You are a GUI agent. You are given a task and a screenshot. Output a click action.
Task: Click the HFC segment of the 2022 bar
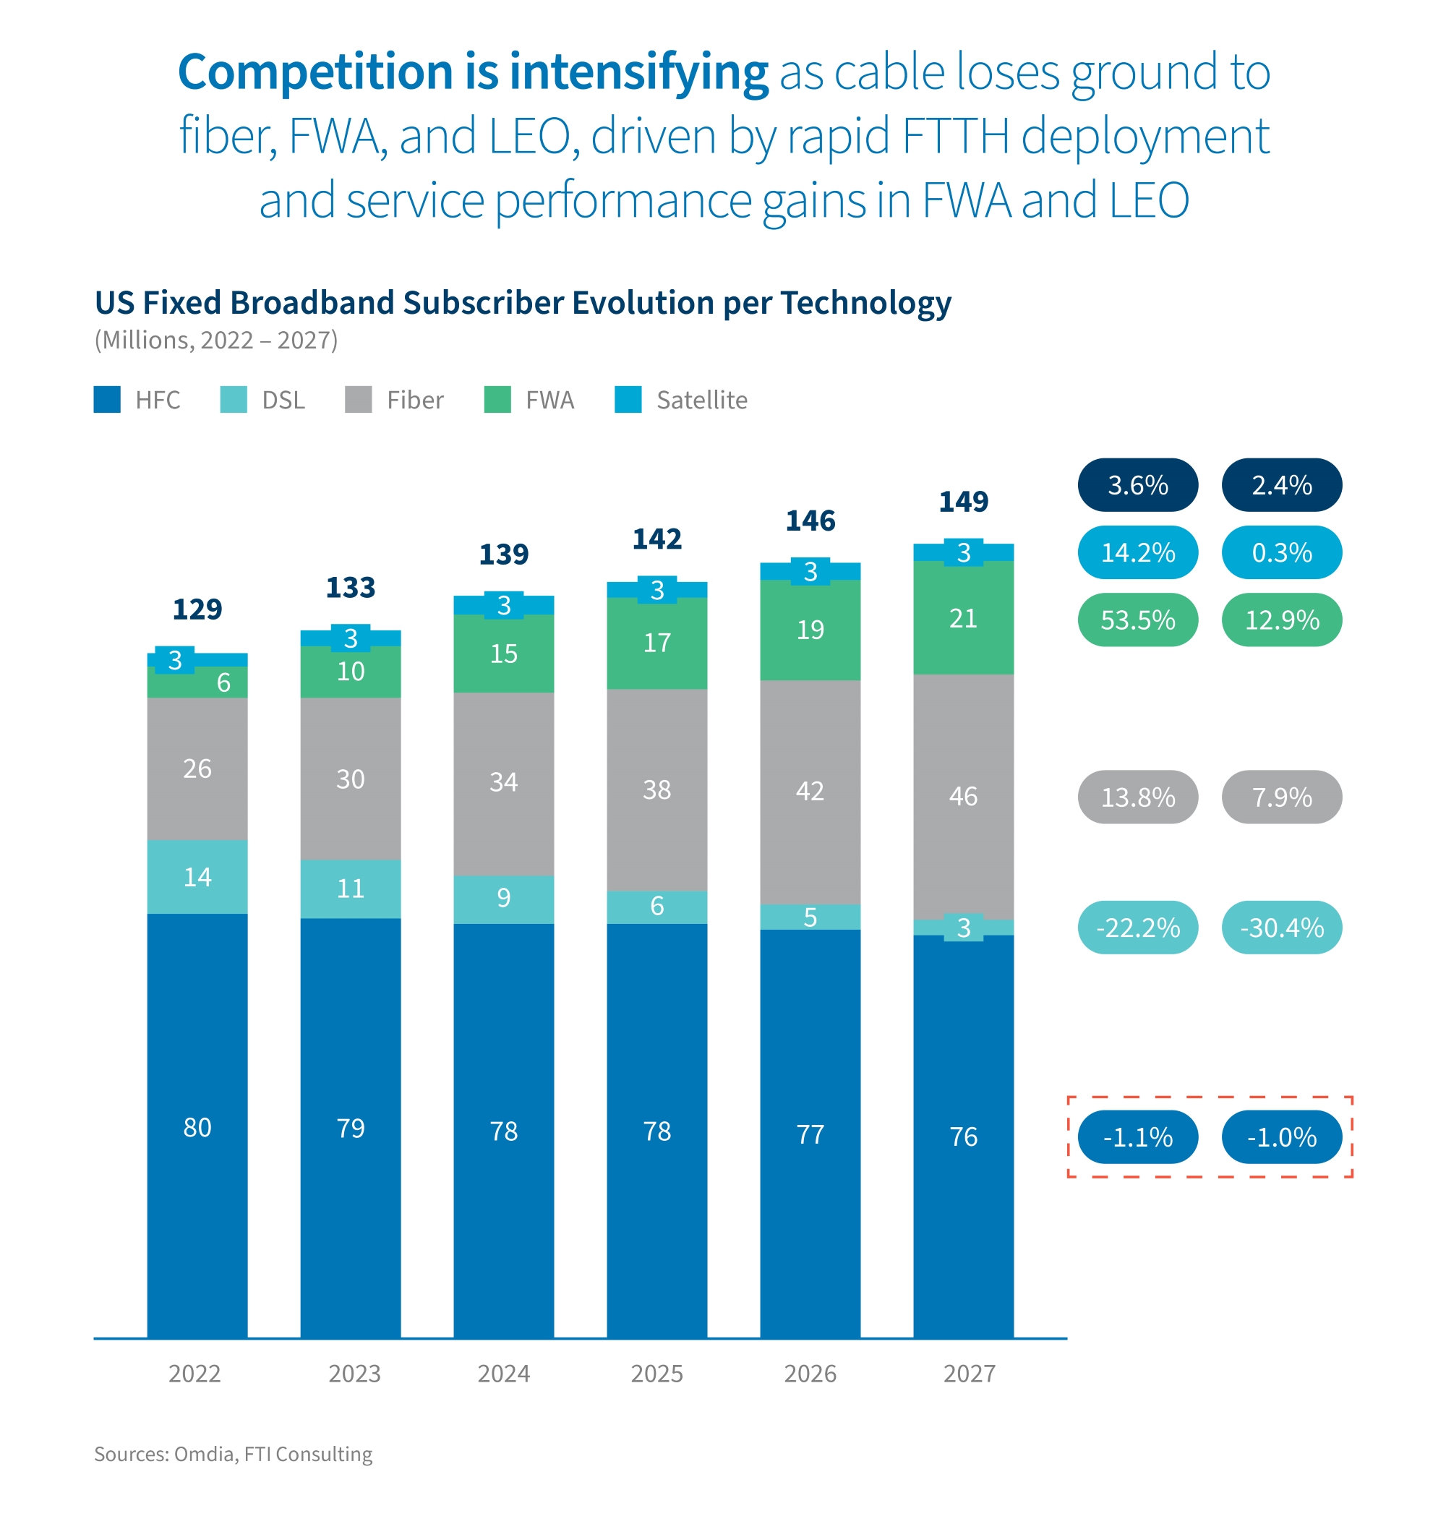pyautogui.click(x=197, y=1127)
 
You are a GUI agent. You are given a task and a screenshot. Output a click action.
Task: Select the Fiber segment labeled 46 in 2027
pyautogui.click(x=964, y=795)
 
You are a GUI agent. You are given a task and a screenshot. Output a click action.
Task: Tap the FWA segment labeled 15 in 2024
pyautogui.click(x=503, y=654)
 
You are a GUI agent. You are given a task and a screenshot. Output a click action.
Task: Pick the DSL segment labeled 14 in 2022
pyautogui.click(x=197, y=877)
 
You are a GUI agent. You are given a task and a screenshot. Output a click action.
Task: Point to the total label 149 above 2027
pyautogui.click(x=964, y=502)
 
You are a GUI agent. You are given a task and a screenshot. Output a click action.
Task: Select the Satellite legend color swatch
pyautogui.click(x=628, y=400)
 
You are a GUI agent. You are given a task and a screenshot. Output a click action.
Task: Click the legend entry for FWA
pyautogui.click(x=549, y=400)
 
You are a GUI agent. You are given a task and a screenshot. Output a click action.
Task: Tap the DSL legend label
pyautogui.click(x=283, y=400)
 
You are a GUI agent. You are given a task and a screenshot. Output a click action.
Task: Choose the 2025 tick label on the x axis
pyautogui.click(x=656, y=1374)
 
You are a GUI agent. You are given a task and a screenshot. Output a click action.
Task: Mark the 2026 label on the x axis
pyautogui.click(x=810, y=1374)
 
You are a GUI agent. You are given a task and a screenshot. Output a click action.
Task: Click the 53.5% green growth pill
pyautogui.click(x=1138, y=620)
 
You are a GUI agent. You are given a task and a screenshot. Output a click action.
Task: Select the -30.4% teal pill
pyautogui.click(x=1282, y=928)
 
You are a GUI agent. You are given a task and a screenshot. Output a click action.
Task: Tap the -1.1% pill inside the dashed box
pyautogui.click(x=1138, y=1137)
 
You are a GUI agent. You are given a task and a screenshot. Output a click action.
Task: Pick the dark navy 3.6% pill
pyautogui.click(x=1138, y=485)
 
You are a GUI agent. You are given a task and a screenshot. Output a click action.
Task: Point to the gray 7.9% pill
pyautogui.click(x=1282, y=797)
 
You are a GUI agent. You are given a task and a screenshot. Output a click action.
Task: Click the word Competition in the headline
pyautogui.click(x=315, y=72)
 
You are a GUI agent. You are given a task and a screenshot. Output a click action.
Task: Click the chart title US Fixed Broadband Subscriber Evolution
pyautogui.click(x=523, y=303)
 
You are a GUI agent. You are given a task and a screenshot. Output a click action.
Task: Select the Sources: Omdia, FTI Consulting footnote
pyautogui.click(x=233, y=1454)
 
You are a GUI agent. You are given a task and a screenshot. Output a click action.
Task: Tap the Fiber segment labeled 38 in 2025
pyautogui.click(x=656, y=789)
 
